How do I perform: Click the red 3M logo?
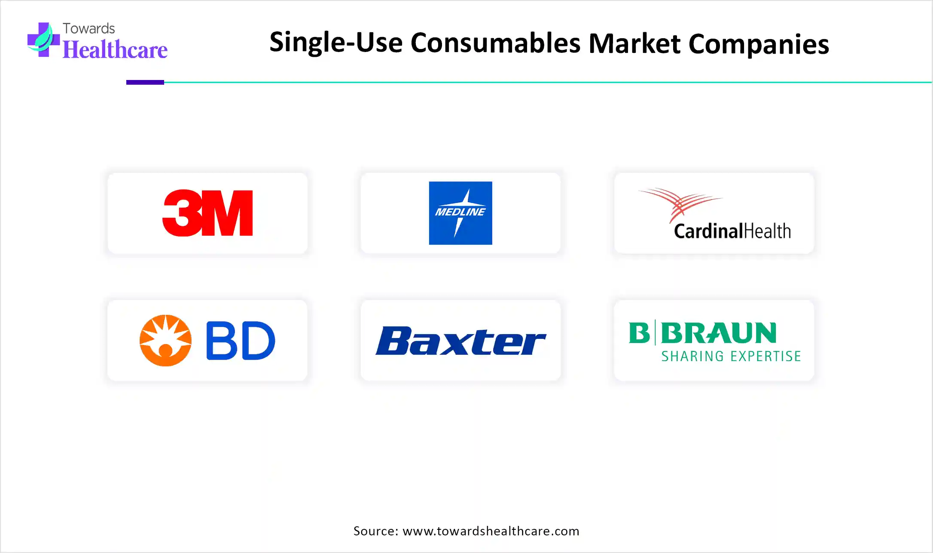pos(207,213)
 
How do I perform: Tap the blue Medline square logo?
pos(460,213)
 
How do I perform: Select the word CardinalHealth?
pos(732,231)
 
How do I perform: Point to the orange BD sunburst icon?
pos(165,340)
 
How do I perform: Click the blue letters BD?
pos(241,340)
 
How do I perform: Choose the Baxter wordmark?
pos(460,341)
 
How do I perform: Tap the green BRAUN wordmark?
pos(719,333)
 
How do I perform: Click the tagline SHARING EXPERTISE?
pos(731,356)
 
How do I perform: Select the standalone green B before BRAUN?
pos(640,333)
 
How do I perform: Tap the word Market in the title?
pos(634,43)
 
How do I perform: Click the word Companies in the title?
pos(759,45)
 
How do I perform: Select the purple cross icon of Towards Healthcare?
pos(43,40)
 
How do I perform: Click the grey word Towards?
pos(89,28)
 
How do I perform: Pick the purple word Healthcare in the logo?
pos(115,49)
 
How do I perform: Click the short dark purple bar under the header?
pos(145,82)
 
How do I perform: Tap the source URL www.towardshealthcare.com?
pos(491,531)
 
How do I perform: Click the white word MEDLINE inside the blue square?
pos(460,212)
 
